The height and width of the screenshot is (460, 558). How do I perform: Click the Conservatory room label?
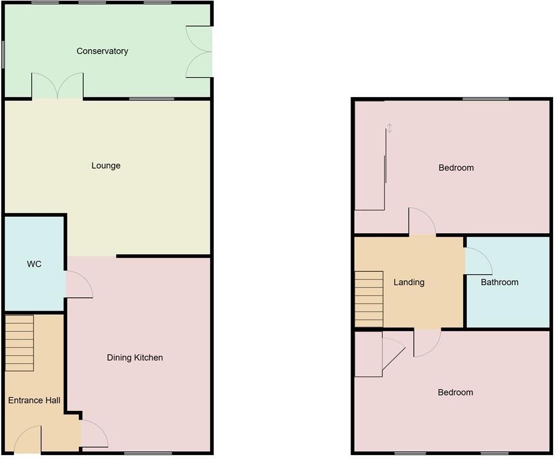pos(102,51)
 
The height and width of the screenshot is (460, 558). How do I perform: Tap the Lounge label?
pos(106,165)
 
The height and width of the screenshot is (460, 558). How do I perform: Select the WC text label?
pos(34,264)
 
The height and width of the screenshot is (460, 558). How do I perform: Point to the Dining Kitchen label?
pos(135,357)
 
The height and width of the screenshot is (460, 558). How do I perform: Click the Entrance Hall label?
pos(34,400)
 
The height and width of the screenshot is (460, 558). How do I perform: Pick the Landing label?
pos(409,282)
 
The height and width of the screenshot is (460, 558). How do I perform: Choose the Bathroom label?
pos(499,282)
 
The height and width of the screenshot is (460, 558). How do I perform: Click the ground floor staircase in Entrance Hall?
pos(20,343)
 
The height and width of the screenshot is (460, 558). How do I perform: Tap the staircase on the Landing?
pos(369,299)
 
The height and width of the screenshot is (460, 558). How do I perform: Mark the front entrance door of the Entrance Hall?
pos(28,440)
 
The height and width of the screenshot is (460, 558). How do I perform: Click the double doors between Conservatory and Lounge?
pos(57,87)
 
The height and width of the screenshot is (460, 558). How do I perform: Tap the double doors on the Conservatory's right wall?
pos(199,51)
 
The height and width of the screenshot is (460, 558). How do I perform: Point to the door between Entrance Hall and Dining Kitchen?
pos(94,434)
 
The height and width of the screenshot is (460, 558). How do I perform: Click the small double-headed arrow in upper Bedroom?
pos(389,129)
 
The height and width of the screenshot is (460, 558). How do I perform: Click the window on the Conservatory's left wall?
pos(3,55)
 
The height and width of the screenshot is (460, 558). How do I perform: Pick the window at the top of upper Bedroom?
pos(486,99)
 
